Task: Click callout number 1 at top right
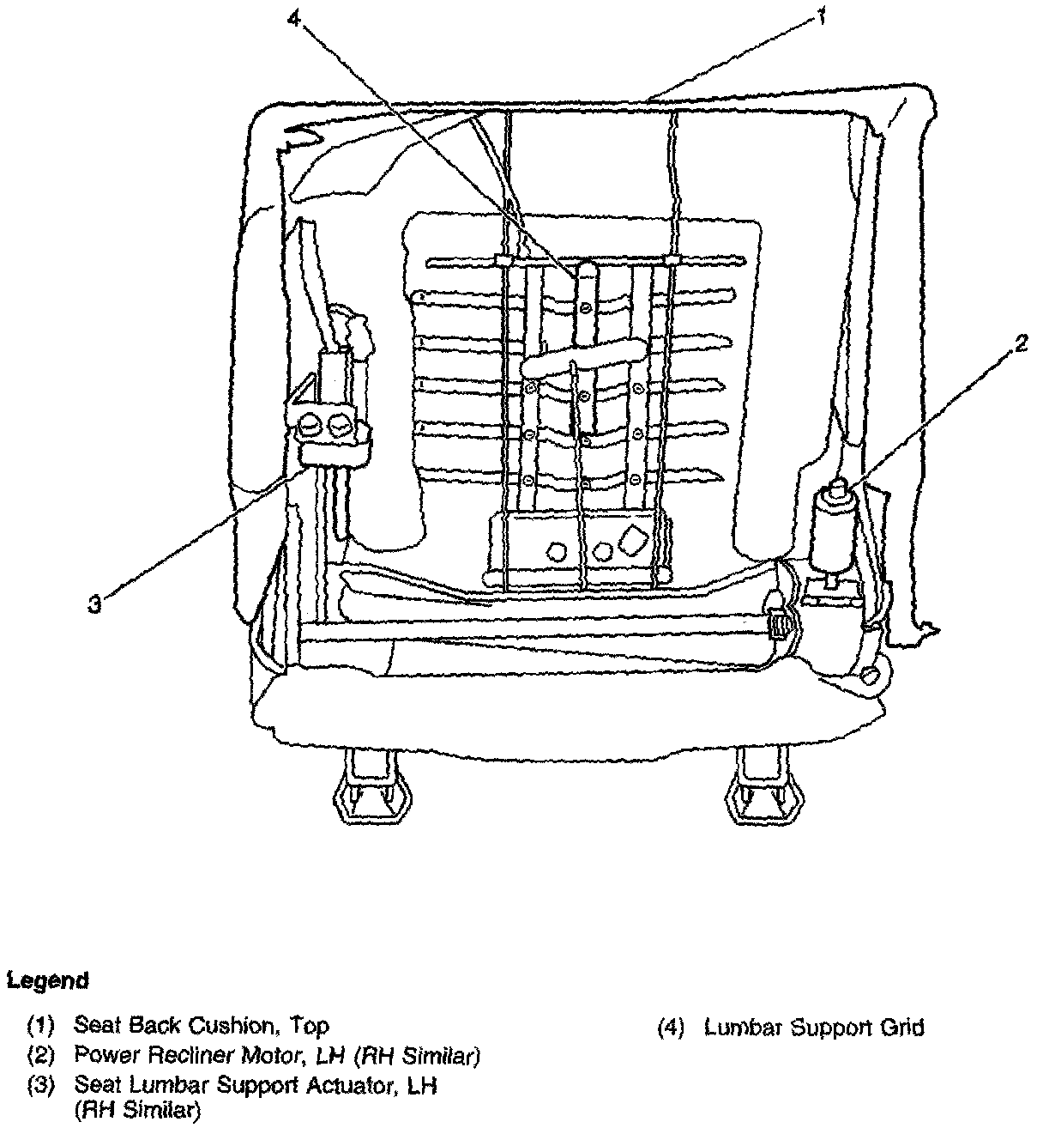822,16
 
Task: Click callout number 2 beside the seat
1019,344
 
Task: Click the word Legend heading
48,980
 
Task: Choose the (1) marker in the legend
40,1025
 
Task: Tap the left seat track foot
369,785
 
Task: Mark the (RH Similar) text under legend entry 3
137,1112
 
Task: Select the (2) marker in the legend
40,1055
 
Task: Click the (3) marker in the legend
40,1085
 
